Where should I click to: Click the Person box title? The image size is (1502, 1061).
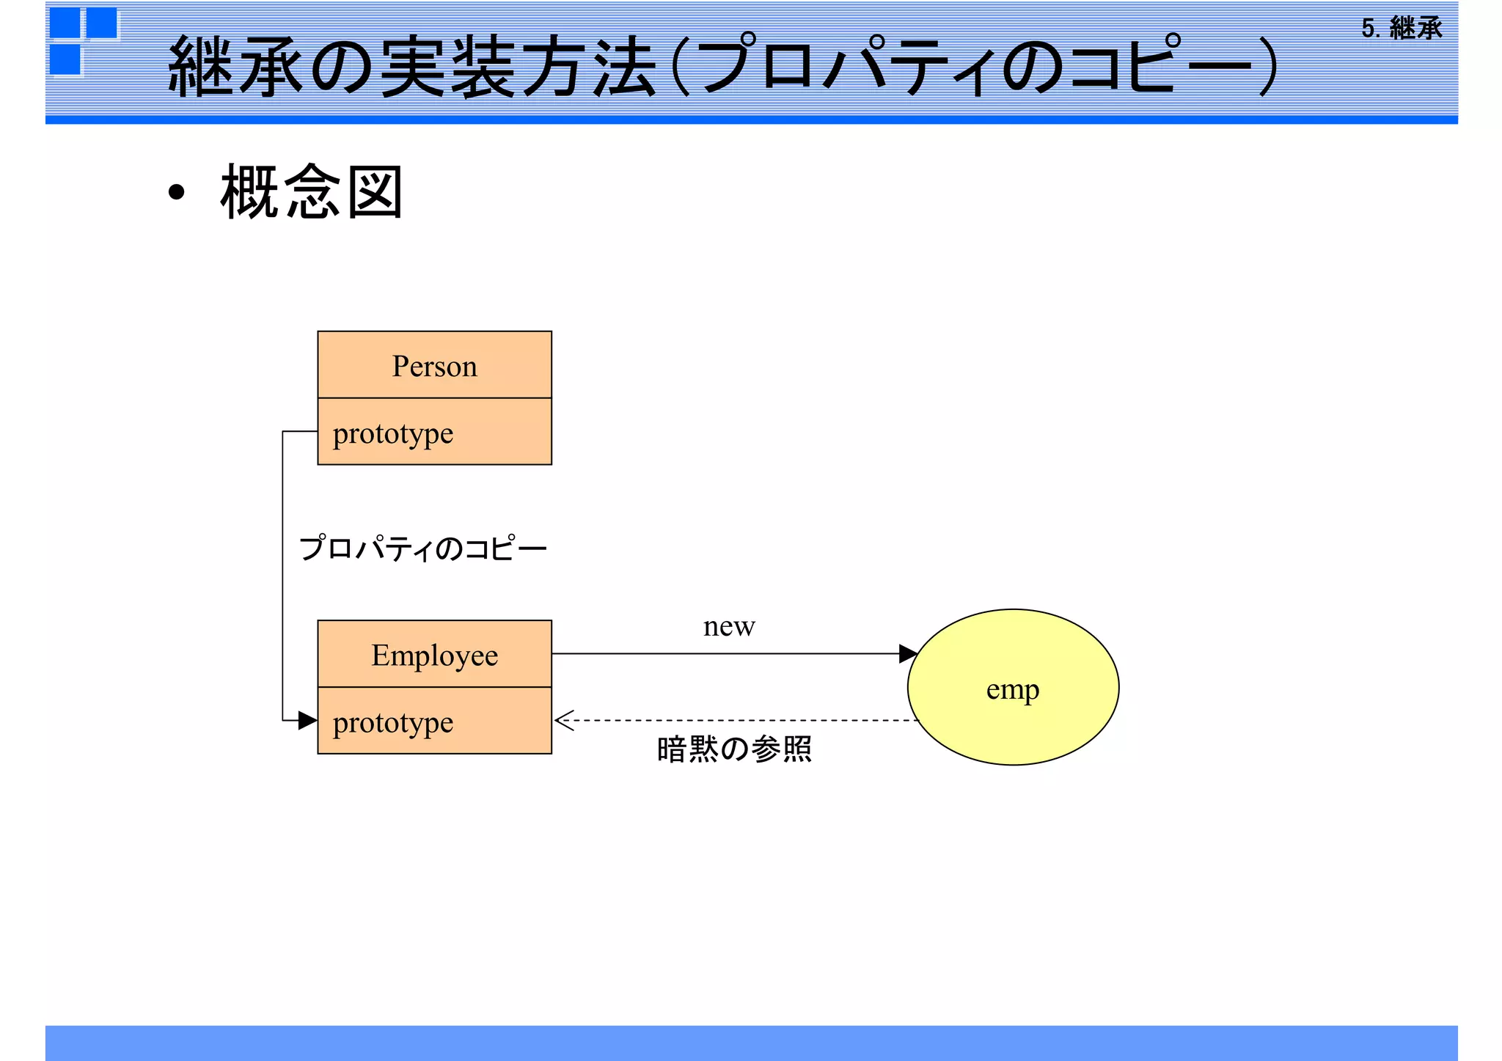coord(434,366)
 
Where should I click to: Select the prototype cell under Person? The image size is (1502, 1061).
coord(434,433)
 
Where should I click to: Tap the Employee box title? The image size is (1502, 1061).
coord(434,655)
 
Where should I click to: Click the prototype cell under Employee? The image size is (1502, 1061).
coord(434,722)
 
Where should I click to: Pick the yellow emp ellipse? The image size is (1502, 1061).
coord(1013,688)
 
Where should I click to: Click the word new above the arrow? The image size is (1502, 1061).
coord(728,627)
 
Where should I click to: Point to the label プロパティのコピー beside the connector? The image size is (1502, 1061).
coord(423,548)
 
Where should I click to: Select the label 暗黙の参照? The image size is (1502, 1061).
coord(734,749)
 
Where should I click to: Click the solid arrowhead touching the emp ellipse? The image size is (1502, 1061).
coord(908,653)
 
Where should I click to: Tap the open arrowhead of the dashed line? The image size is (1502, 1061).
coord(563,721)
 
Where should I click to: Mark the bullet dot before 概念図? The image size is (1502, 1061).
coord(176,193)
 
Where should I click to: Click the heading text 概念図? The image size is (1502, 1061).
coord(312,192)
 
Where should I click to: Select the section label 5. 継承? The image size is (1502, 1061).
coord(1402,29)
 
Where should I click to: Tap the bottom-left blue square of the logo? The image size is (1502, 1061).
coord(65,60)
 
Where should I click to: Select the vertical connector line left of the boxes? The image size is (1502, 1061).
coord(283,576)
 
